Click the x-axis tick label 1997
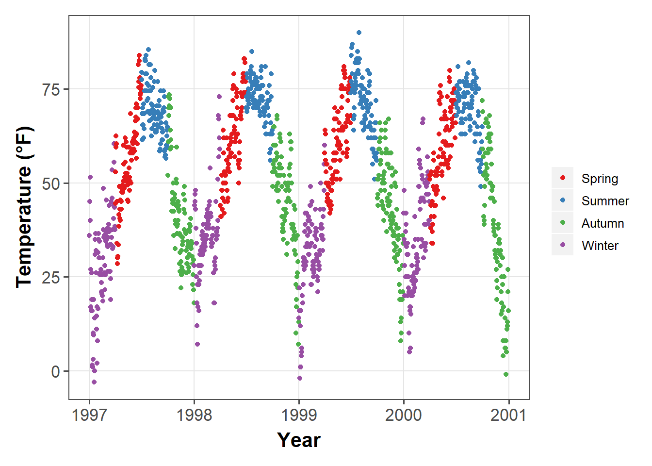coord(89,415)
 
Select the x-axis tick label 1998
coord(194,415)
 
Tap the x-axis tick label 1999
coord(299,415)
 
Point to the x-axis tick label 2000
coord(404,415)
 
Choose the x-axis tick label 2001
coord(508,415)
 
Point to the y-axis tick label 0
coord(56,372)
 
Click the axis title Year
coord(299,440)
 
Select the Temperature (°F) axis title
coord(24,207)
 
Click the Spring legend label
coord(600,179)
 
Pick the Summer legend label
coord(605,201)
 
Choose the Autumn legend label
coord(603,223)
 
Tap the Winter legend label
coord(600,246)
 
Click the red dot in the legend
coord(563,178)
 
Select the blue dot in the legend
coord(563,200)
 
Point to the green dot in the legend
coord(563,223)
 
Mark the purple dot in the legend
coord(563,245)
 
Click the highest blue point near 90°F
coord(359,33)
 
